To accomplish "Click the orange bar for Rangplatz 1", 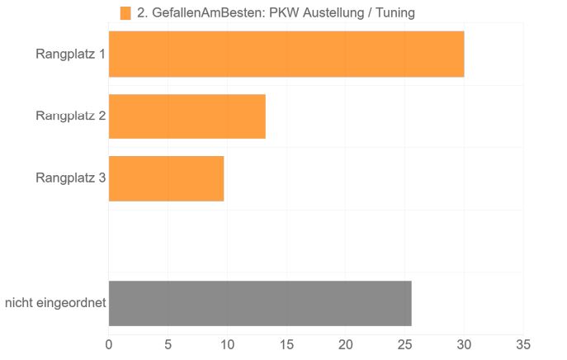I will [286, 54].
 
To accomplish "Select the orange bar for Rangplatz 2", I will [187, 116].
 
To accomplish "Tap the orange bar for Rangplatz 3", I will [166, 178].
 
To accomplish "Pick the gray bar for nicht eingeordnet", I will [259, 303].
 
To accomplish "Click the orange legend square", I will [125, 12].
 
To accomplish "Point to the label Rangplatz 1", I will [70, 54].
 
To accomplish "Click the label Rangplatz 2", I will [70, 116].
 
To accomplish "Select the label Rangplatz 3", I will [70, 177].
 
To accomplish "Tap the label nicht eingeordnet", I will [55, 303].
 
